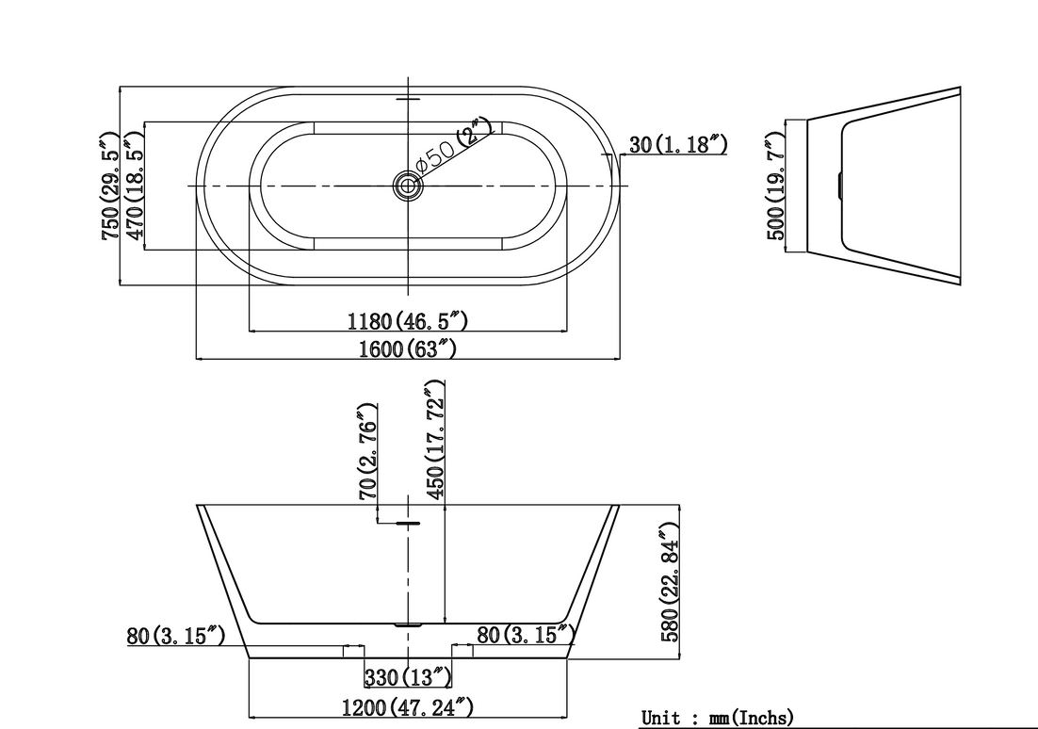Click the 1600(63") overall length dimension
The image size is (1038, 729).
coord(407,348)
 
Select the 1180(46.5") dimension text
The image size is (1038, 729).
coord(408,321)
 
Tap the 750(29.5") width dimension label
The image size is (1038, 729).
coord(110,186)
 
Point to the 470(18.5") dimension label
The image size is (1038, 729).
coord(135,186)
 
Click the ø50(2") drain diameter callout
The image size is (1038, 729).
coord(453,144)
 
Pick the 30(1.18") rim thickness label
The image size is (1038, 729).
coord(678,144)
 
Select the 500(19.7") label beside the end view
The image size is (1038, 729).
coord(775,186)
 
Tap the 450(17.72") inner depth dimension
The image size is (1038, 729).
coord(434,440)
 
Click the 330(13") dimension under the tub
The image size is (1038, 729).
coord(408,677)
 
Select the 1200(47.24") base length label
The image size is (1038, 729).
coord(408,707)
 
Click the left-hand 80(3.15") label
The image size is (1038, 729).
coord(175,636)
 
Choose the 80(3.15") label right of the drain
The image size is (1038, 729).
coord(526,634)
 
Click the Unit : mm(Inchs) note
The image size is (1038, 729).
coord(717,717)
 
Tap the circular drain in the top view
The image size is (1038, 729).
coord(408,186)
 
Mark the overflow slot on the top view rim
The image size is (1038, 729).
coord(408,100)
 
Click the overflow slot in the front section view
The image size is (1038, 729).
coord(408,523)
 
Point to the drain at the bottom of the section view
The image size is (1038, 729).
coord(408,624)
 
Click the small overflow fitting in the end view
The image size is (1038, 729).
coord(839,186)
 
